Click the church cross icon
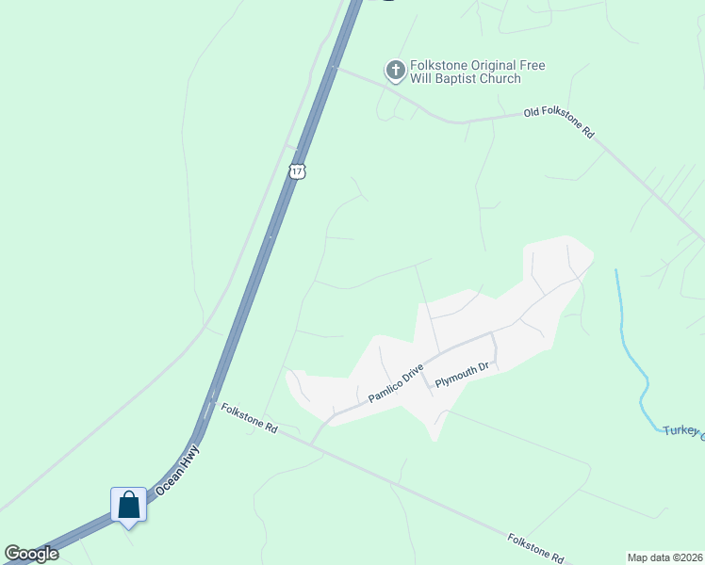pos(395,69)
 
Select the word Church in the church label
pos(500,79)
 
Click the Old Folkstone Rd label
pos(559,122)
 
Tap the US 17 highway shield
pos(297,171)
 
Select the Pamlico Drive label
pos(396,384)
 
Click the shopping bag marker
pos(128,506)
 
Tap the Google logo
pos(31,554)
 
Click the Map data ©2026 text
pos(664,557)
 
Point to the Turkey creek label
pos(682,431)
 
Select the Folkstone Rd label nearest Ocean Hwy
pos(249,418)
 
